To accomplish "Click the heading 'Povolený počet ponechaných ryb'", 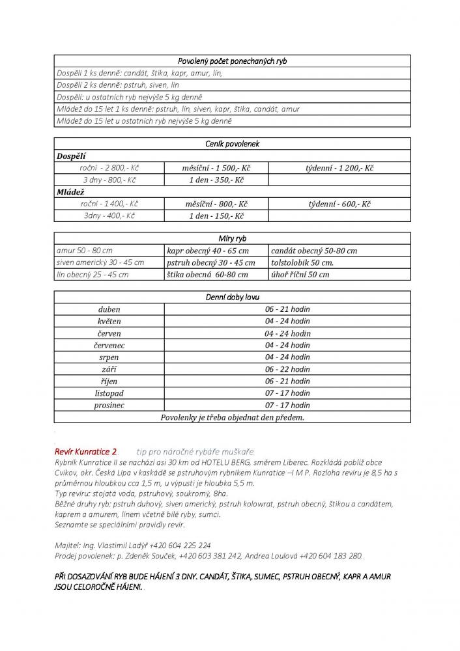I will coord(232,61).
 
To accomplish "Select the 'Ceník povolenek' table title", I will coord(232,144).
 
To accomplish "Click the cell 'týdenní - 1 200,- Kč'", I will coord(339,168).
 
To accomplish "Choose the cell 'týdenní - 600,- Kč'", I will coord(339,204).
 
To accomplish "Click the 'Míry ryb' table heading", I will coord(232,239).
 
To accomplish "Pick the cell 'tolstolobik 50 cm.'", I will coord(303,262).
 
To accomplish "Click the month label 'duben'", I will coord(109,310).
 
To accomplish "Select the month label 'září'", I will coord(109,369).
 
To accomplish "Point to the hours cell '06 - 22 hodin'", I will coord(287,369).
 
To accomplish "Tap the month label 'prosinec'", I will coord(109,405).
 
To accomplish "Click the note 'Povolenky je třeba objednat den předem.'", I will coord(232,417).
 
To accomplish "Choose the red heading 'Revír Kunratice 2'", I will coord(87,451).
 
